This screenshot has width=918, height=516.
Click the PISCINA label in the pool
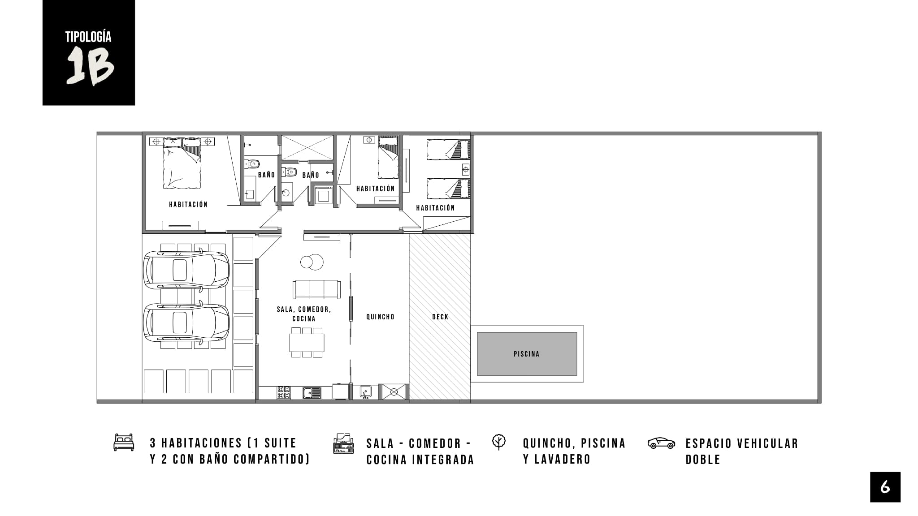pyautogui.click(x=526, y=354)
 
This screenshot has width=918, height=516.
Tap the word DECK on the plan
pyautogui.click(x=440, y=317)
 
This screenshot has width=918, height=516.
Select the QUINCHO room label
pyautogui.click(x=380, y=317)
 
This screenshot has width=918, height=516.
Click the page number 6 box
pyautogui.click(x=885, y=487)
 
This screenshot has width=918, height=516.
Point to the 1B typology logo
pyautogui.click(x=89, y=53)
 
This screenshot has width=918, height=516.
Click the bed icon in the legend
pyautogui.click(x=124, y=442)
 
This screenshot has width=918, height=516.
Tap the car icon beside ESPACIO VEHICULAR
pyautogui.click(x=661, y=443)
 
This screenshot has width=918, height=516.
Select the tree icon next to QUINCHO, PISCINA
pyautogui.click(x=498, y=442)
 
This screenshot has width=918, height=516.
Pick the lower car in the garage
pyautogui.click(x=186, y=322)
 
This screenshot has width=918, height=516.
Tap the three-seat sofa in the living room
pyautogui.click(x=316, y=289)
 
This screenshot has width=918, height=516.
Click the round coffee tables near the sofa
pyautogui.click(x=312, y=262)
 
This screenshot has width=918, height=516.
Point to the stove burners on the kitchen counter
pyautogui.click(x=283, y=392)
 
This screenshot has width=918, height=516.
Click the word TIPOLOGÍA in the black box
pyautogui.click(x=88, y=37)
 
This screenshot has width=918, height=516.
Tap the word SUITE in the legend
pyautogui.click(x=280, y=443)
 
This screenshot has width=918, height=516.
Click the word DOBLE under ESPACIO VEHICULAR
pyautogui.click(x=703, y=460)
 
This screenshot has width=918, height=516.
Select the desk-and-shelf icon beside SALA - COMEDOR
pyautogui.click(x=343, y=443)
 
